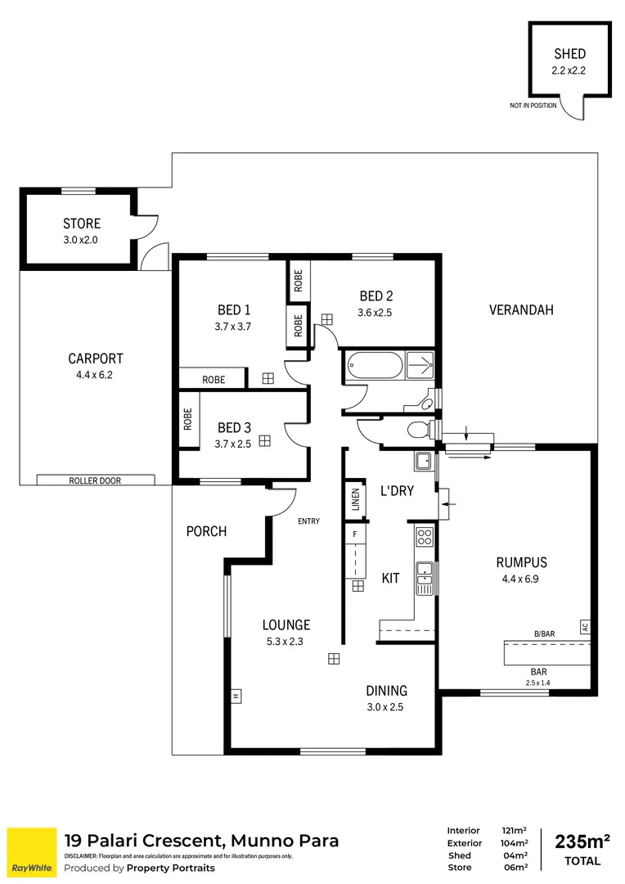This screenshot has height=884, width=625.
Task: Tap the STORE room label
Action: (82, 223)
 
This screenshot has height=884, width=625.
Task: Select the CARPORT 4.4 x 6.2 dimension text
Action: (96, 376)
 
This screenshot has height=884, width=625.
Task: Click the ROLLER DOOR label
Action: (95, 480)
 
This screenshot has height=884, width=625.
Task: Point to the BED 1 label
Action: (234, 310)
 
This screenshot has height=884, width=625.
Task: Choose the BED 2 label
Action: (376, 296)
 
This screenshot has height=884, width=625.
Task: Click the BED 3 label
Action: (234, 427)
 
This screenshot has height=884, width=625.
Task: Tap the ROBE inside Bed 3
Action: (188, 420)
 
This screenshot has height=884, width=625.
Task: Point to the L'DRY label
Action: (396, 492)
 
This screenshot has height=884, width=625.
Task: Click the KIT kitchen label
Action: (391, 578)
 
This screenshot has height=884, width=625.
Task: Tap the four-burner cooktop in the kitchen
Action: (425, 537)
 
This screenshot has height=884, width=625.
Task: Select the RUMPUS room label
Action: (521, 562)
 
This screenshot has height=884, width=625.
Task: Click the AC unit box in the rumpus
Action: (584, 627)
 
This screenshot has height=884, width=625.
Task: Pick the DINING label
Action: (387, 691)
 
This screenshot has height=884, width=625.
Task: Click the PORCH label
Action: (206, 531)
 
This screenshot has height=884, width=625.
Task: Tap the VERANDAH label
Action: (521, 309)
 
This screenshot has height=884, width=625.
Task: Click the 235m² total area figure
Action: (582, 841)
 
